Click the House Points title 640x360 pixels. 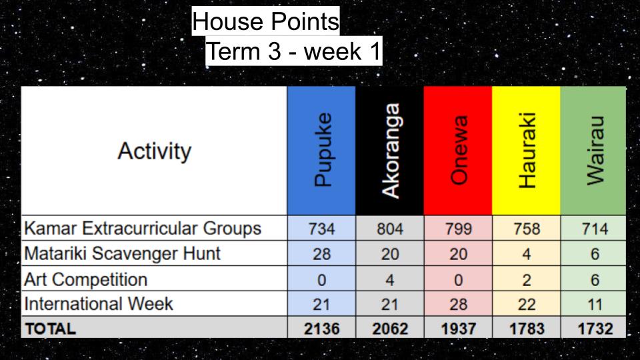tap(266, 21)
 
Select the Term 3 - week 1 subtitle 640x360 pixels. tap(293, 51)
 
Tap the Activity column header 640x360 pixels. tap(154, 151)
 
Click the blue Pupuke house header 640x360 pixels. tap(321, 150)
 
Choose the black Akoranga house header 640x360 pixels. tap(390, 150)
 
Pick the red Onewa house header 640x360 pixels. tap(459, 150)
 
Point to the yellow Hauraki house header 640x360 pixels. tap(527, 150)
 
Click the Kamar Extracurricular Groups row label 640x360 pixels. tap(143, 228)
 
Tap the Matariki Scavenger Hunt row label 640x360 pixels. tap(122, 253)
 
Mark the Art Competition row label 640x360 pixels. tap(86, 279)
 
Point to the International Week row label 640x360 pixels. tap(99, 304)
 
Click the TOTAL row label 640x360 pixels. tap(51, 329)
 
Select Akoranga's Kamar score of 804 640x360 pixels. tap(390, 229)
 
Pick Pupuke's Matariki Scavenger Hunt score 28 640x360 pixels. tap(321, 254)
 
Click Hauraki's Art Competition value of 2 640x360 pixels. tap(527, 280)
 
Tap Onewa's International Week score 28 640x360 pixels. tap(459, 305)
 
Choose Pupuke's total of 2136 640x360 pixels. tap(321, 329)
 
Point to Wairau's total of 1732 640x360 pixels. tap(595, 329)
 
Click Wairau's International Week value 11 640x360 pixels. tap(595, 305)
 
